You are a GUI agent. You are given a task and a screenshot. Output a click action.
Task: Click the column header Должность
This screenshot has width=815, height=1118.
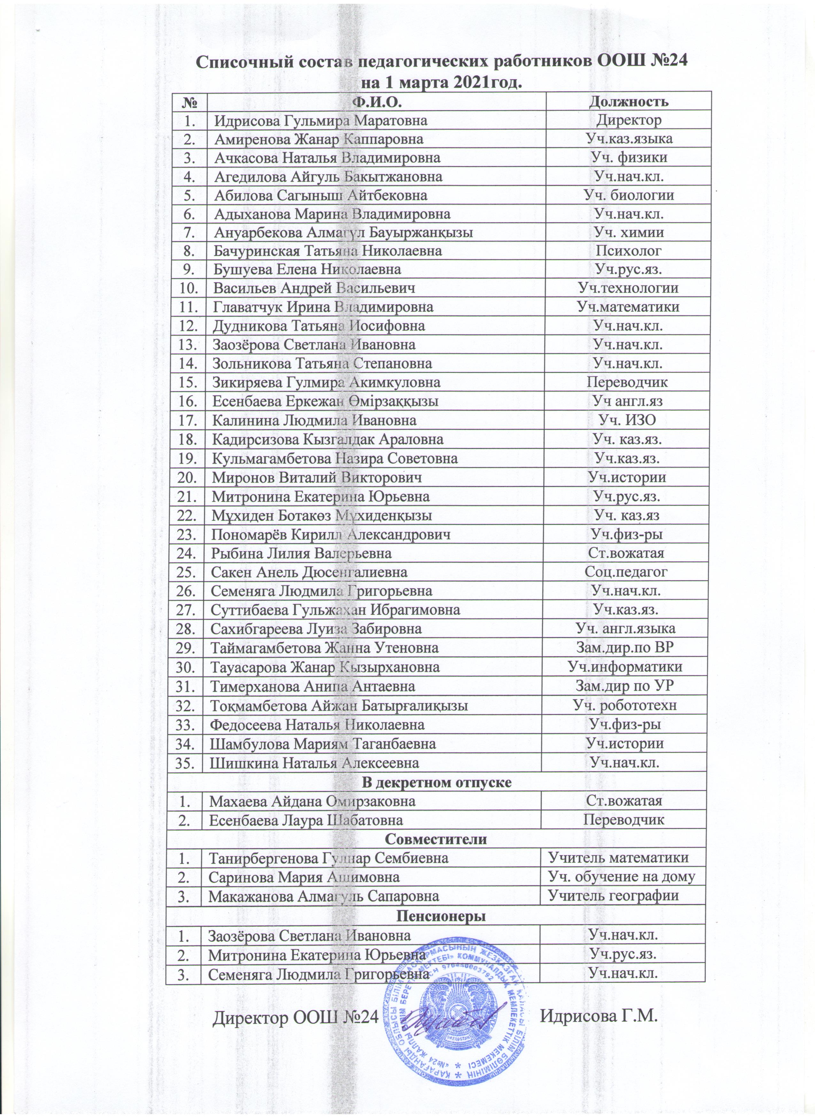629,102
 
